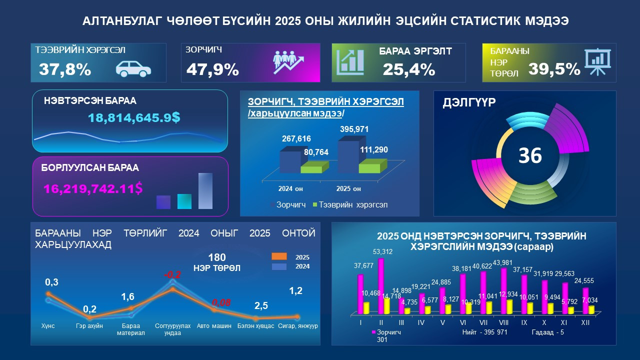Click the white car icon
point(133,68)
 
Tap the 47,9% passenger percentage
point(212,69)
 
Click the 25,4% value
point(409,69)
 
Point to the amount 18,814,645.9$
point(134,118)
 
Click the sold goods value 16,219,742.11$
point(93,188)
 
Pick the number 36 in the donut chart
point(530,155)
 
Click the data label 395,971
point(354,129)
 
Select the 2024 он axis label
point(291,189)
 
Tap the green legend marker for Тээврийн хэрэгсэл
point(315,204)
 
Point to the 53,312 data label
point(382,251)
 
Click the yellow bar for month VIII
point(509,306)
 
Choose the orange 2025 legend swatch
point(278,256)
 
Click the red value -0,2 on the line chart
point(172,275)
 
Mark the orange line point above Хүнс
point(48,294)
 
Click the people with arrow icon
point(288,62)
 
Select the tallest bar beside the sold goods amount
point(205,190)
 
